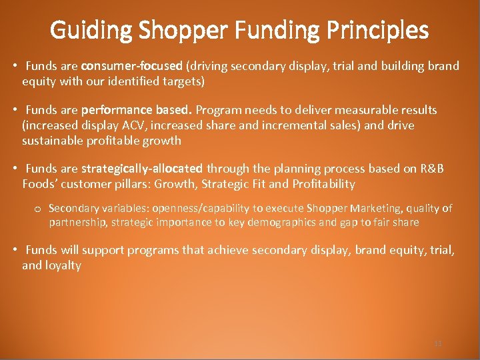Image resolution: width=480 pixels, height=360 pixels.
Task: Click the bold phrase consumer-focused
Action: [132, 66]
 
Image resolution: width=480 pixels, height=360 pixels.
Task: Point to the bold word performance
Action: [117, 110]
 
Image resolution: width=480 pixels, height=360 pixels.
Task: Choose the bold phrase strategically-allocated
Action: [141, 169]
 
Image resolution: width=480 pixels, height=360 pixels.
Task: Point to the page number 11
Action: [438, 343]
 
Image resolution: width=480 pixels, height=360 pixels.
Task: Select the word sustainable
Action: [53, 141]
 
